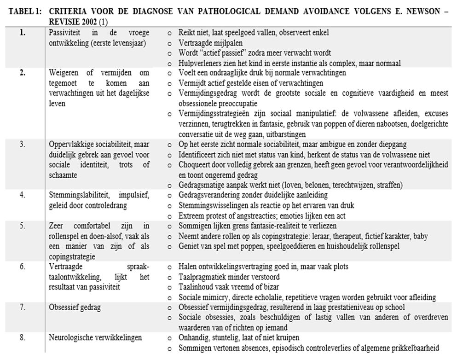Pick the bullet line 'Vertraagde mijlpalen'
click(208, 43)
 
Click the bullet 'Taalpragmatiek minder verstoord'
click(229, 277)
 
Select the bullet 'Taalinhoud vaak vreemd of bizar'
click(226, 287)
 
